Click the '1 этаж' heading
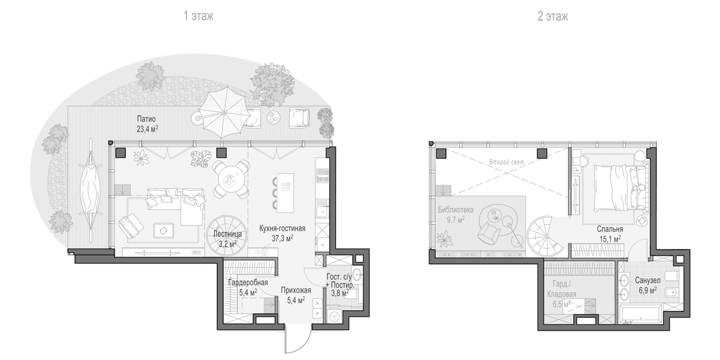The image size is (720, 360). (x=199, y=16)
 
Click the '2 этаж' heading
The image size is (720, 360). (x=553, y=16)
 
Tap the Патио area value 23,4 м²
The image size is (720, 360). (x=148, y=129)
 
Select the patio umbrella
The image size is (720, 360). (x=223, y=113)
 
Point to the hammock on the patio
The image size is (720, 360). (x=91, y=191)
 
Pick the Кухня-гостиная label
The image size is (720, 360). (x=282, y=229)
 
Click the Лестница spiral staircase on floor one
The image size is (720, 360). (x=226, y=236)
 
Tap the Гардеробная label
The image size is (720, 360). (x=248, y=283)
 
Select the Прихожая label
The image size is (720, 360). (x=296, y=290)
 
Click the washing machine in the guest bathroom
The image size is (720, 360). (x=335, y=316)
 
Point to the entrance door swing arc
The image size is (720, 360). (x=304, y=346)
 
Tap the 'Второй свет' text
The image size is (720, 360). (x=506, y=162)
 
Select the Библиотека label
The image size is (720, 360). (x=455, y=210)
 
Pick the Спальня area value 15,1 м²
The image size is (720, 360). (x=610, y=239)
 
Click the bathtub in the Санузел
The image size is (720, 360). (x=640, y=314)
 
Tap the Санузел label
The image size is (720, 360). (x=647, y=280)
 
